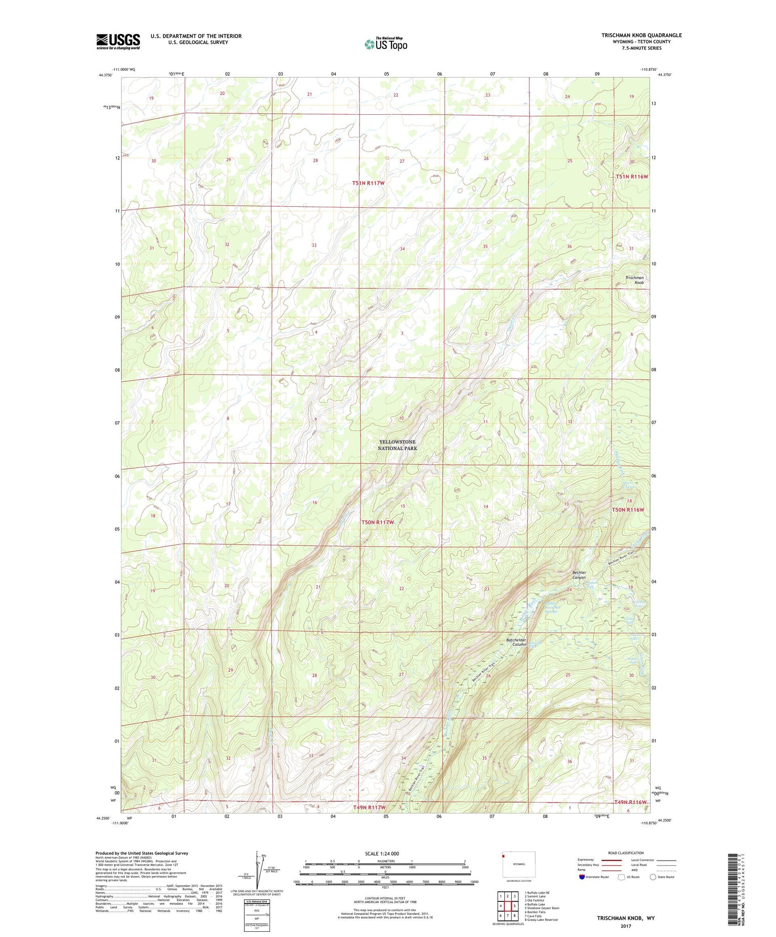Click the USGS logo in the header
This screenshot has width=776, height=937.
coord(118,41)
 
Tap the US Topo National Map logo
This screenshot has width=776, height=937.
coord(386,44)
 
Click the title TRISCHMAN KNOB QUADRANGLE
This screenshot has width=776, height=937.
coord(641,35)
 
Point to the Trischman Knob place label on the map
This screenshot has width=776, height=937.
coord(635,280)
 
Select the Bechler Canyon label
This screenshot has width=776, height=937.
coord(579,575)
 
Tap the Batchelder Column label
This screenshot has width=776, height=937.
coord(516,642)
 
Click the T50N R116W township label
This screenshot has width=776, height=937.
coord(629,510)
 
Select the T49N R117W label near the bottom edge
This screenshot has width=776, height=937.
coord(369,807)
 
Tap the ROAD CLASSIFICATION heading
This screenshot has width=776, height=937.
coord(626,853)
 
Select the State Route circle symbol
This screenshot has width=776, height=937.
coord(653,877)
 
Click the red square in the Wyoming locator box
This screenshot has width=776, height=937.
coord(503,855)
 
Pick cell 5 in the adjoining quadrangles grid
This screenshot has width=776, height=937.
coord(515,906)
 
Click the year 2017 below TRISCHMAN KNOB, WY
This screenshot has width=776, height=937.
coord(625,926)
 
